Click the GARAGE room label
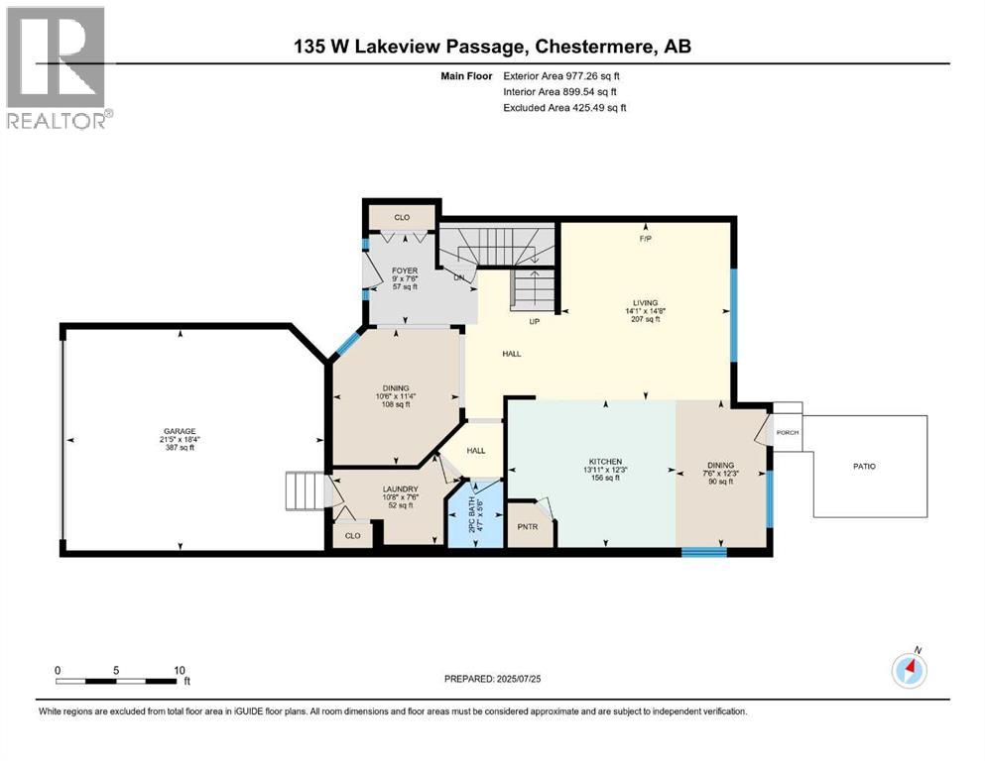coord(180,431)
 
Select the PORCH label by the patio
coord(788,432)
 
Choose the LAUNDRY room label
coord(400,489)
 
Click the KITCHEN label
coord(605,462)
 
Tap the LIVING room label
coord(647,303)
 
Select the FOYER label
coord(404,270)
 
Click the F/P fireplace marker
coord(645,239)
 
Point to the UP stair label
coord(532,321)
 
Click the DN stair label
coord(459,277)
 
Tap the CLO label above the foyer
coord(401,216)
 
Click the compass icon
coord(910,670)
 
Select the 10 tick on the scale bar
coord(179,670)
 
